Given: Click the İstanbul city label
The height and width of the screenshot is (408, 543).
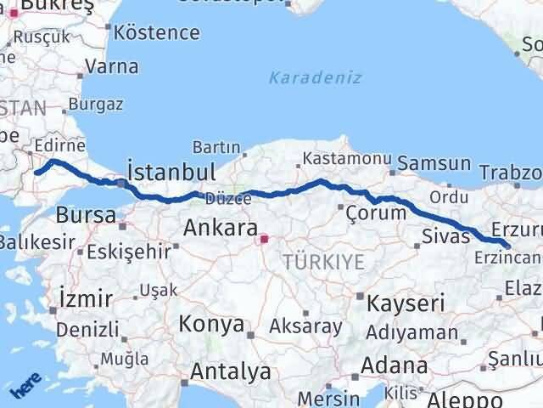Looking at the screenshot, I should pos(171,170).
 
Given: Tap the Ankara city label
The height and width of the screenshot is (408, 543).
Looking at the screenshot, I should pos(221,229).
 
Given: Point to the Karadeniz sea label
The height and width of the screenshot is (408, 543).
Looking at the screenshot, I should pos(316,77).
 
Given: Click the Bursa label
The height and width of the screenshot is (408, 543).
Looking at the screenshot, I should pos(87,215).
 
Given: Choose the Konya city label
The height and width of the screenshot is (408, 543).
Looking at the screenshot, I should pos(211,325).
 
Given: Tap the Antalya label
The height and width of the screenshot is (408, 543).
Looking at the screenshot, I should pos(231,371).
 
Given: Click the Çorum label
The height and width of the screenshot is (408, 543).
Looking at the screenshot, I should pos(377,213).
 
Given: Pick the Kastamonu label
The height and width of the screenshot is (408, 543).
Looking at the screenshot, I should pos(348,159).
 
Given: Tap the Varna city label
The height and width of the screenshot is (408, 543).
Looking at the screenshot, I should pos(112,66).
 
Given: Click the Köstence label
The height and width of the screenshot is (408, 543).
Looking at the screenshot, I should pos(157,33).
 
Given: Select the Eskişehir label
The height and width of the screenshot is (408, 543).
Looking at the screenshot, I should pos(127,252).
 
